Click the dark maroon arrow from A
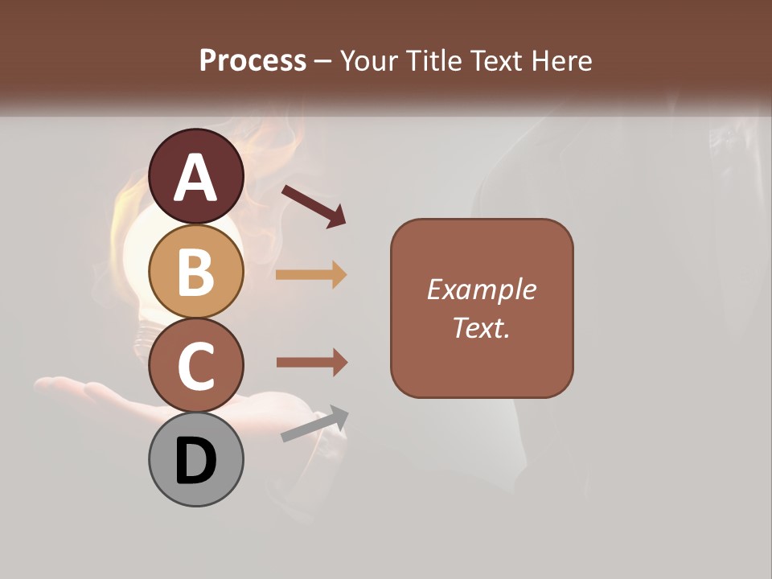coord(314,206)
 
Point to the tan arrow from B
coord(311,275)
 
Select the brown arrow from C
coord(311,362)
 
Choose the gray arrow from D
coord(314,424)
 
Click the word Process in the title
coord(253,60)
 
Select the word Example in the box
coord(481,289)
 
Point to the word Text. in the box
coord(481,327)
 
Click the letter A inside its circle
coord(195,179)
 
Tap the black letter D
coord(195,462)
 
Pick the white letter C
coord(195,366)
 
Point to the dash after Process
coord(322,62)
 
